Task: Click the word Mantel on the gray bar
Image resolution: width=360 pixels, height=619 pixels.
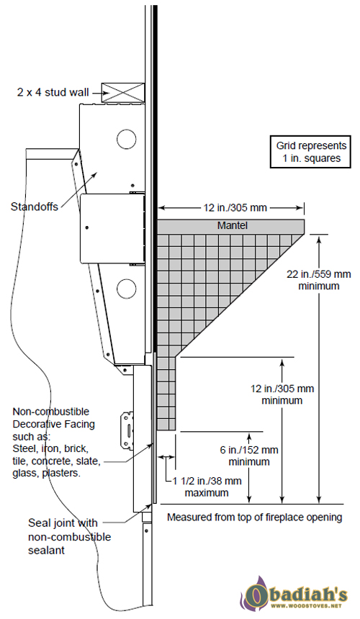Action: click(x=233, y=226)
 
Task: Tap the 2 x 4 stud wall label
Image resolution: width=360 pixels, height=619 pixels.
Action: click(x=53, y=92)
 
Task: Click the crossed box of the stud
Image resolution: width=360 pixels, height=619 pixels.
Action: click(x=123, y=92)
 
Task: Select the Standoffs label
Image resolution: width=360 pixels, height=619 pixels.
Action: click(x=34, y=206)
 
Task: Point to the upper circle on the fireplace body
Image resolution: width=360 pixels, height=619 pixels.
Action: click(x=126, y=139)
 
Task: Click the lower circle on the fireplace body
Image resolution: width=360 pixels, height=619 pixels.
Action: click(x=126, y=288)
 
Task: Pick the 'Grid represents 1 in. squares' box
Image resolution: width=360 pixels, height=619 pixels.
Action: click(x=310, y=152)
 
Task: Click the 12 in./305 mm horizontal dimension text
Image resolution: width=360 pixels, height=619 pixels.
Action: click(x=235, y=207)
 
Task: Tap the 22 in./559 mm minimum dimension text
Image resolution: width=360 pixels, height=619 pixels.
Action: click(x=318, y=280)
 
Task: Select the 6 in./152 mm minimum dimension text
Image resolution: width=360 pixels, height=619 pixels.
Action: click(x=249, y=456)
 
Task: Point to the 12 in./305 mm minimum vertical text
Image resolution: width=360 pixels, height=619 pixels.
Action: click(x=282, y=394)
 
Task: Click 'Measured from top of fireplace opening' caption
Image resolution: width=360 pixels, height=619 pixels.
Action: click(x=255, y=517)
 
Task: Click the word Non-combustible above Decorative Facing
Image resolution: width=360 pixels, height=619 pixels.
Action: click(x=51, y=412)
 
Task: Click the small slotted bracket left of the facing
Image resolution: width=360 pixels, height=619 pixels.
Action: click(x=128, y=431)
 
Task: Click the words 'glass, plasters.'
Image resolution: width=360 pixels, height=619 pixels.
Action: click(x=46, y=474)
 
